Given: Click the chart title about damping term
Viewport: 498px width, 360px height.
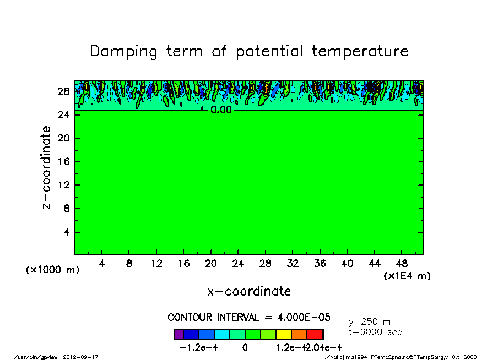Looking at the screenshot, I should click(249, 51).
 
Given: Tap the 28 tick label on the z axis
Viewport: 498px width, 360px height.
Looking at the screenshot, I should click(64, 91).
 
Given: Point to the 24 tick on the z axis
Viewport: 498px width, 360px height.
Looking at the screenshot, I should click(64, 114).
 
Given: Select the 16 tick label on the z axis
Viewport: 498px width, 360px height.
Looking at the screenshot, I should click(64, 162).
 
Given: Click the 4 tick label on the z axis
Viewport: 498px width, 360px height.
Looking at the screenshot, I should click(67, 232).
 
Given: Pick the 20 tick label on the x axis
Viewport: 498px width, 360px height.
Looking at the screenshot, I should click(211, 263).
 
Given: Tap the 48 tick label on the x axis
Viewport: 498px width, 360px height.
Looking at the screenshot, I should click(402, 263).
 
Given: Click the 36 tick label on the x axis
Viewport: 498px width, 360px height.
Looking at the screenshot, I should click(320, 263).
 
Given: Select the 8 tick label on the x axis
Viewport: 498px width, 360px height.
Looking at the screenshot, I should click(129, 263).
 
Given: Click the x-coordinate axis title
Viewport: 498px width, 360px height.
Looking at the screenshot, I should click(249, 291).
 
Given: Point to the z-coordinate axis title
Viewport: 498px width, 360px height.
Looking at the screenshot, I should click(47, 167).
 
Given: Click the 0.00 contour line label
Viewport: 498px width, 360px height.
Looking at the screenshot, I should click(221, 110).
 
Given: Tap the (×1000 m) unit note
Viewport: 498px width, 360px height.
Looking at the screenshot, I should click(53, 270).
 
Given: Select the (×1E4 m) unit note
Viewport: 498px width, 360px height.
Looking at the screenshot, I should click(407, 276).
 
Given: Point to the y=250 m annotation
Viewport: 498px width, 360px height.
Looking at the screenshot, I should click(370, 322).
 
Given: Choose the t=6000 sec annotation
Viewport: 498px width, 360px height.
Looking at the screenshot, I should click(375, 332).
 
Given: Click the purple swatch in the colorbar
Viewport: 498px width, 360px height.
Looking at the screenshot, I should click(178, 334).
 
